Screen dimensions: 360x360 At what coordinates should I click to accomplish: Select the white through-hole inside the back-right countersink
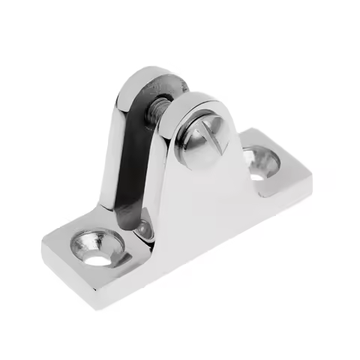click(256, 174)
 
